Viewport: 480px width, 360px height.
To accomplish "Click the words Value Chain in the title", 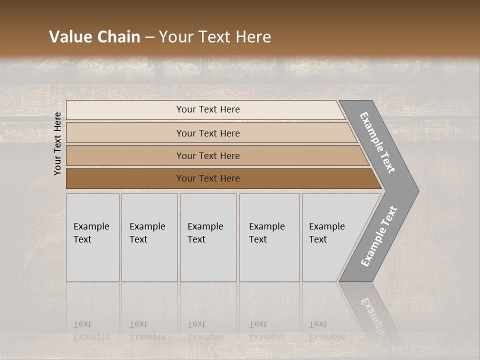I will point(94,37).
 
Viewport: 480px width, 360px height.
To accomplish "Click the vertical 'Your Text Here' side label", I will point(57,143).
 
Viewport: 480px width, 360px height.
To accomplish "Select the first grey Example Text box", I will point(92,237).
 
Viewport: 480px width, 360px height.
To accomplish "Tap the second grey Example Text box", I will point(149,237).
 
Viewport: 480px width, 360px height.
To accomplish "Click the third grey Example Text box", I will point(208,237).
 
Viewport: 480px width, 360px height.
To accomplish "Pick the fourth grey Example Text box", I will point(269,237).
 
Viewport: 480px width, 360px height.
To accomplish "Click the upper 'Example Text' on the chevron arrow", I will point(377,142).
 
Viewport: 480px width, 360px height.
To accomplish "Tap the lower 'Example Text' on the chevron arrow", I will point(378,236).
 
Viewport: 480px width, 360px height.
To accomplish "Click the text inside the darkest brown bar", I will point(208,178).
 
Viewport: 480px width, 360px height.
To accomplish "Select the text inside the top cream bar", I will point(208,109).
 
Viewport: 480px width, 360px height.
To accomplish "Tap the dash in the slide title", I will point(149,37).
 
